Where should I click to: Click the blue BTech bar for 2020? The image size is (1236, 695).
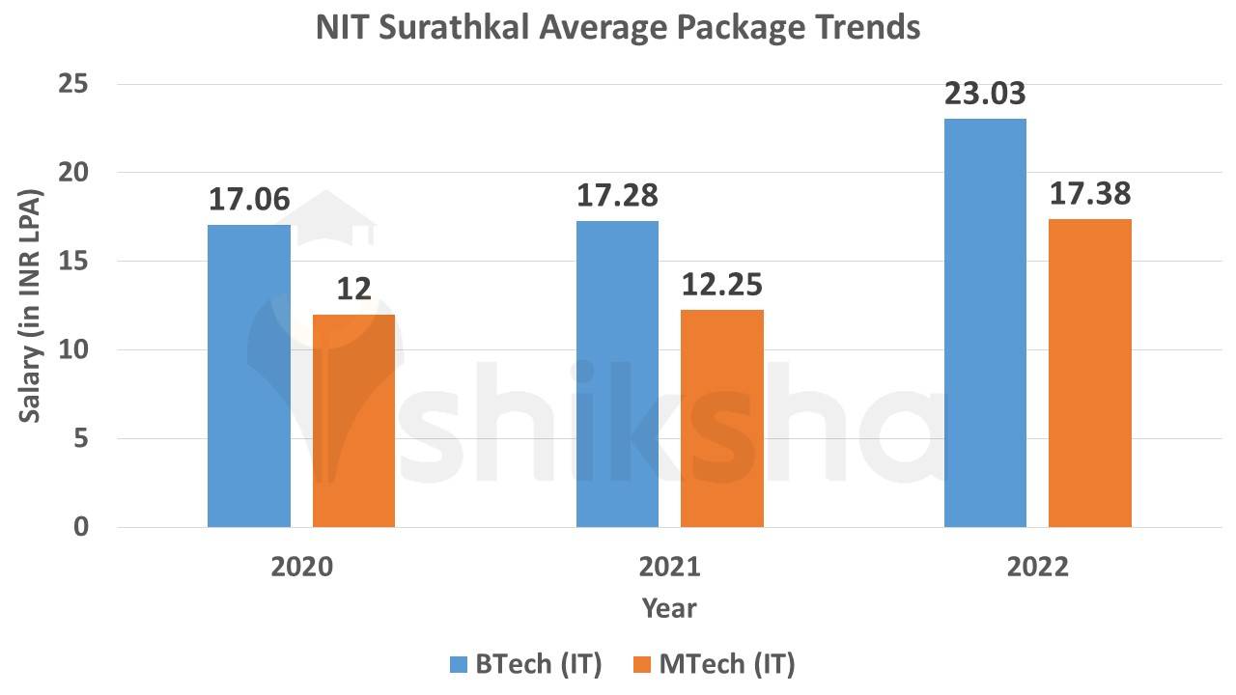tap(249, 376)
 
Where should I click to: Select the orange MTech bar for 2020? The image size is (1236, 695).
tap(353, 421)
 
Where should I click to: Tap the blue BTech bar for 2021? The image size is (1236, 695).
tap(617, 375)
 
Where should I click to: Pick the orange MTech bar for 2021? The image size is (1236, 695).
tap(722, 419)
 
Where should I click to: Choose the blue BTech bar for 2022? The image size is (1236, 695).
tap(985, 323)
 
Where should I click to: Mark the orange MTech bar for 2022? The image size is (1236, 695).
tap(1089, 374)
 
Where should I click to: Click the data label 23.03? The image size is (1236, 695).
tap(985, 95)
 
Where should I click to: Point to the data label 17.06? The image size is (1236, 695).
tap(249, 200)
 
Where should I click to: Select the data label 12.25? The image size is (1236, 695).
tap(722, 285)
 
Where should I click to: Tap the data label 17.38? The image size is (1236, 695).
tap(1089, 194)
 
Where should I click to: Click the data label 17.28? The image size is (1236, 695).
tap(617, 196)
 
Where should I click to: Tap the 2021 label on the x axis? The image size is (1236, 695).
tap(669, 567)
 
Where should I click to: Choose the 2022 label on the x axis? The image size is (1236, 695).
tap(1037, 567)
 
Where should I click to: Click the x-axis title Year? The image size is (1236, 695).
tap(669, 608)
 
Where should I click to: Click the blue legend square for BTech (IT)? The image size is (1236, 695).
tap(458, 664)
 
